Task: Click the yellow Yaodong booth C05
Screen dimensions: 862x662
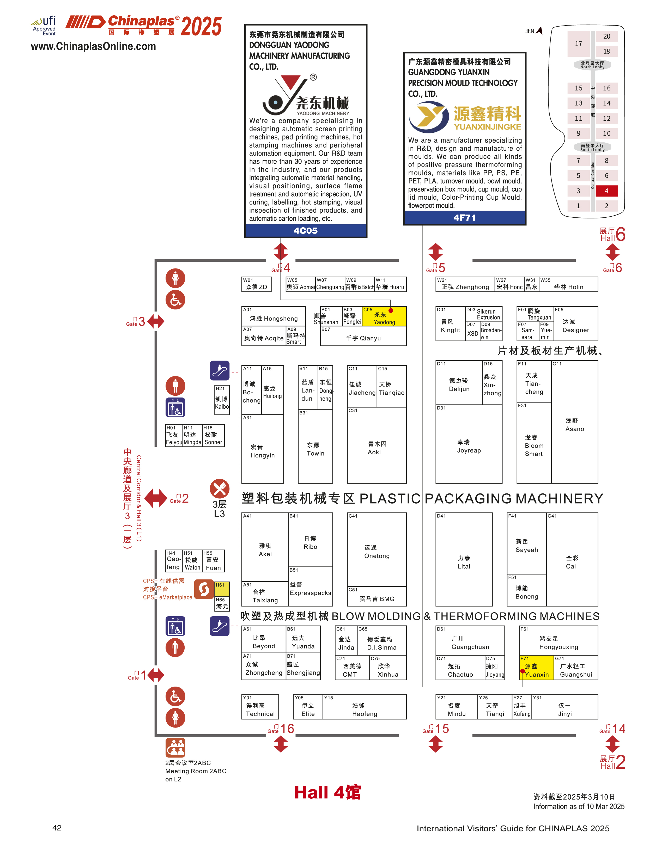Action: [384, 316]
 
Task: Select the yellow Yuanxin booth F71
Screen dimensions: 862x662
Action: [536, 667]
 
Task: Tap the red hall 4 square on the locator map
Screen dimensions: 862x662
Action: [606, 191]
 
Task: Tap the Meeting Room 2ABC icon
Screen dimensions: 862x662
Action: [175, 747]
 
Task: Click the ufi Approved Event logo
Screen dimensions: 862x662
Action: [44, 26]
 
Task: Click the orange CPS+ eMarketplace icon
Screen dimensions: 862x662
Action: [204, 589]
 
